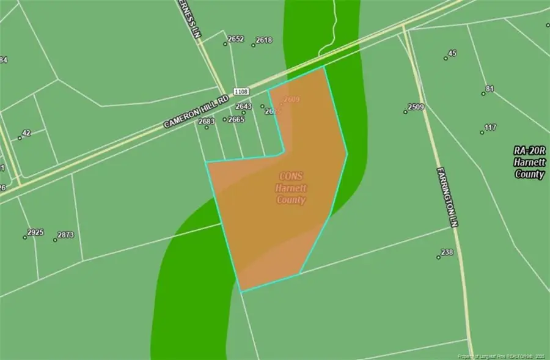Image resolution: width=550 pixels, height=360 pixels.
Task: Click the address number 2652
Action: pos(236,39)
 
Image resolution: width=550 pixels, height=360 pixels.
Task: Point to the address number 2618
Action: pos(264,40)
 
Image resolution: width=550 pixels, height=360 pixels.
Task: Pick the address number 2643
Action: pos(244,106)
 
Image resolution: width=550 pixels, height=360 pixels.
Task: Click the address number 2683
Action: pos(207,121)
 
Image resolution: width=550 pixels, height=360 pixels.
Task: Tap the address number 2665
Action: pos(236,119)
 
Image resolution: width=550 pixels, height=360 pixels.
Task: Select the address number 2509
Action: pos(416,108)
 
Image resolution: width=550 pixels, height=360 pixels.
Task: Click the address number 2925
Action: pos(36,232)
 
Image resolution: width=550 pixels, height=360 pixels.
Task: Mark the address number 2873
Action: pos(65,235)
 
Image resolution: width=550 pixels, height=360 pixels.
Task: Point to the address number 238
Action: pos(447,252)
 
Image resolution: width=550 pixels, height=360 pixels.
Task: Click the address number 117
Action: pos(490,128)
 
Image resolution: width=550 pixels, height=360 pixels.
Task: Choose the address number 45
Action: pos(452,53)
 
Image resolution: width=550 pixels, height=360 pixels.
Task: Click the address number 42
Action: pos(26,133)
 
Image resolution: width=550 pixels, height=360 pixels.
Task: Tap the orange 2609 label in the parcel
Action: pos(291,99)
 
